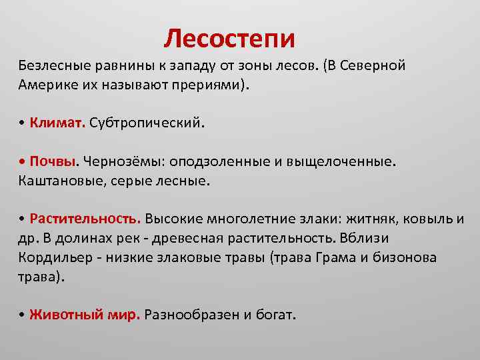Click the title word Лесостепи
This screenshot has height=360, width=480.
[229, 38]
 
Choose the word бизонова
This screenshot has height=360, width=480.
[413, 257]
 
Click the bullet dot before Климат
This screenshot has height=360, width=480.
[22, 124]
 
